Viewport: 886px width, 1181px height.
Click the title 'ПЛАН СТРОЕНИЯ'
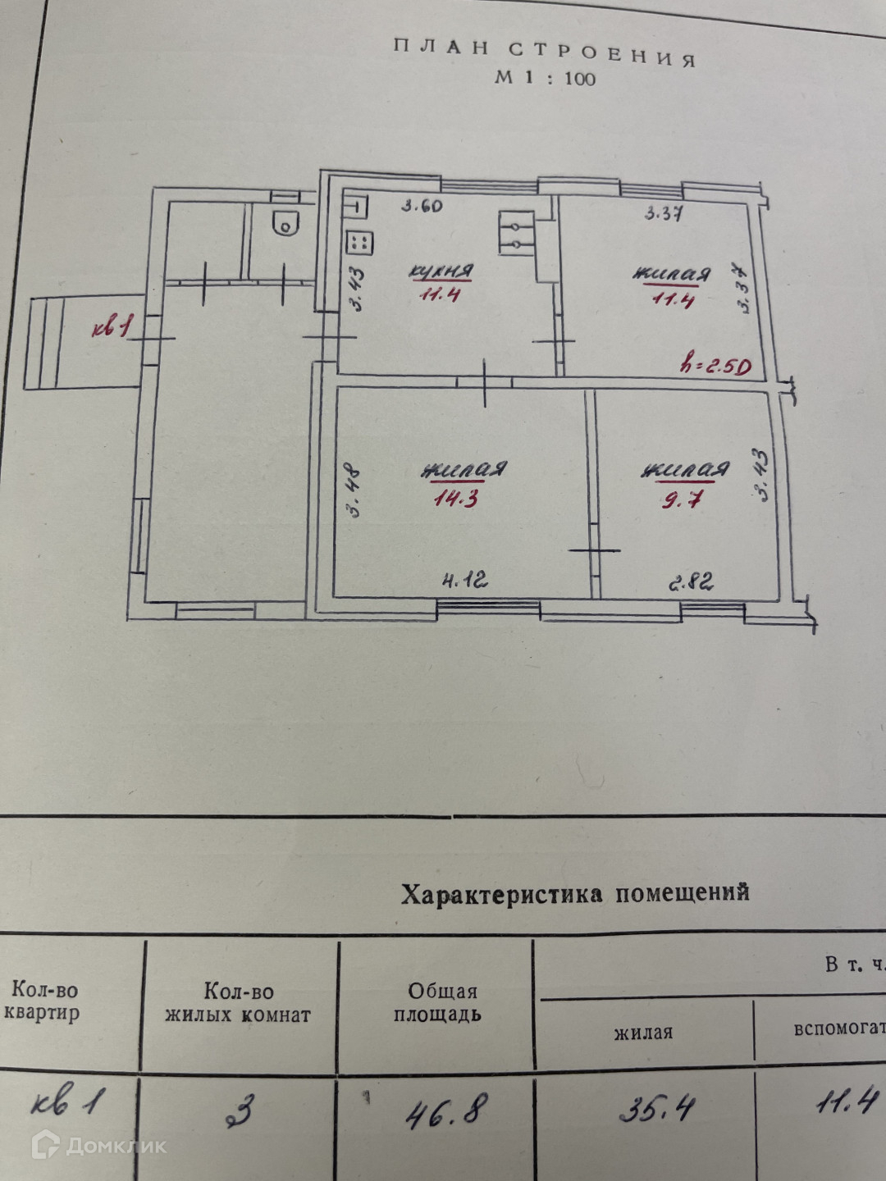point(544,52)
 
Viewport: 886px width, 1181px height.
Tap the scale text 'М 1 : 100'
point(545,79)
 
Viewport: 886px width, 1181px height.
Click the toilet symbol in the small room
point(284,222)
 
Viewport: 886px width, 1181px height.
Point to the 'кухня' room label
point(441,271)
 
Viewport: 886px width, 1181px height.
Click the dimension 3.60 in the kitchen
point(422,206)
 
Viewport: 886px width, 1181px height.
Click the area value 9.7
point(682,499)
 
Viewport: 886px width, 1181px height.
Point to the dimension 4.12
point(464,581)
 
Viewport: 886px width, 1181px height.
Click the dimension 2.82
point(691,582)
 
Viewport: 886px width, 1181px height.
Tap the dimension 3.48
point(355,492)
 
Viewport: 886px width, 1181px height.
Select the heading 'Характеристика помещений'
point(574,892)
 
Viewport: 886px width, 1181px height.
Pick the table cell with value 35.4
point(656,1110)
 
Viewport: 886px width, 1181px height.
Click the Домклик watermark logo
point(98,1145)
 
